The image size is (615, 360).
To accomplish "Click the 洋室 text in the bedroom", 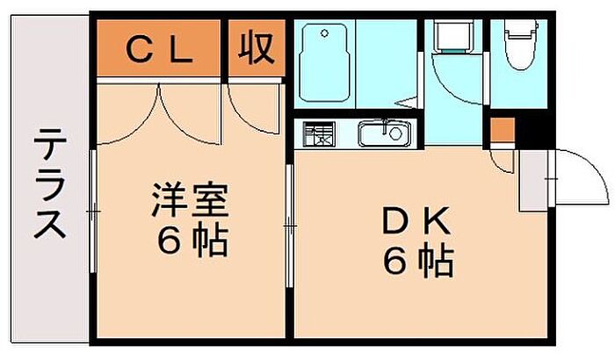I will [x=190, y=201].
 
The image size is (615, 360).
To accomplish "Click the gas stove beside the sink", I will [x=319, y=135].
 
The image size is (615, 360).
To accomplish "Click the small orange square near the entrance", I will [x=501, y=128].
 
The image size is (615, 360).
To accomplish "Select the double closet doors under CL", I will [x=160, y=110].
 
